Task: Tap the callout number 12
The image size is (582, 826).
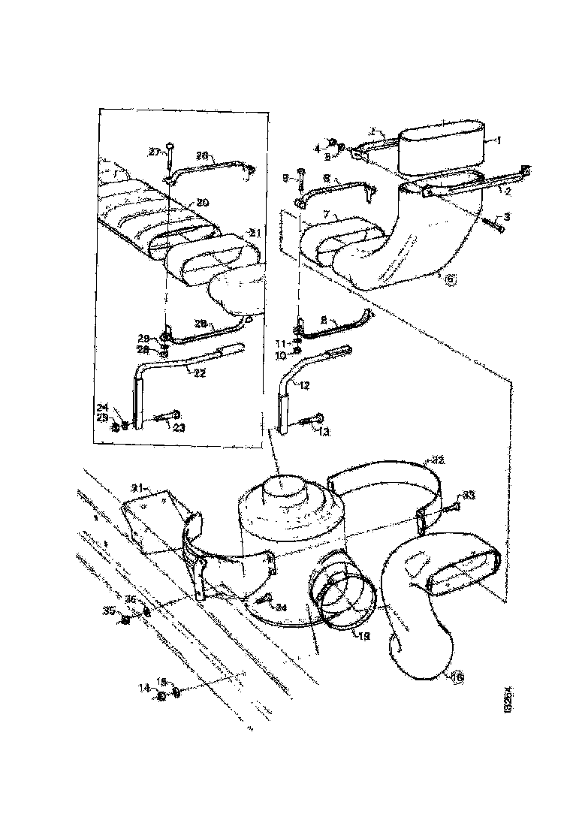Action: click(x=304, y=385)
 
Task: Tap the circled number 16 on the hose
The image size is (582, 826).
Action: click(x=457, y=678)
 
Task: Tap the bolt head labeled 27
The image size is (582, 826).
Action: click(x=170, y=146)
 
